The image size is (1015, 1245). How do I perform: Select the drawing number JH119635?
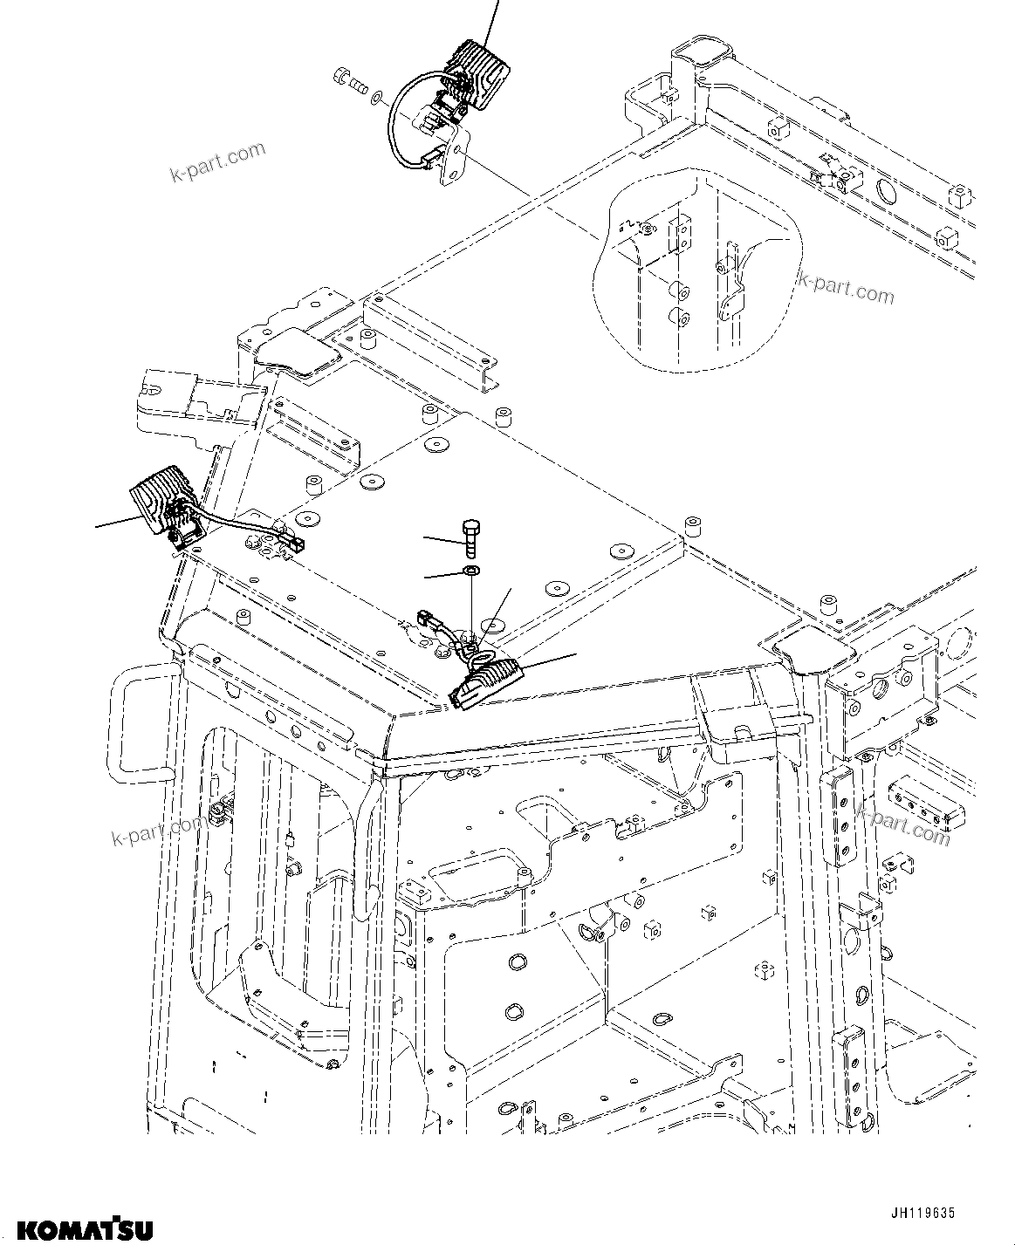(x=923, y=1214)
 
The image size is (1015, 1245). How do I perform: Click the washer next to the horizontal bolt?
(x=375, y=95)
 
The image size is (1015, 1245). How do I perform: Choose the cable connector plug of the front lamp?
(x=429, y=620)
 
